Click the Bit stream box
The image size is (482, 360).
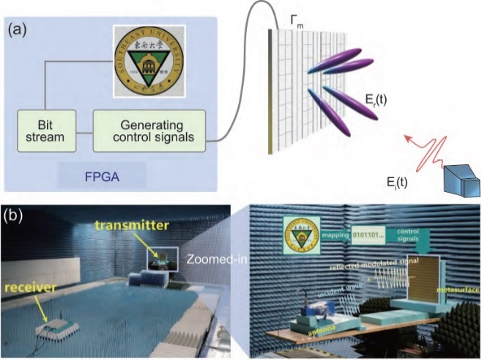pyautogui.click(x=43, y=130)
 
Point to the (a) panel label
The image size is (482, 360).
pyautogui.click(x=18, y=30)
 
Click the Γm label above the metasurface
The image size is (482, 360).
pyautogui.click(x=297, y=24)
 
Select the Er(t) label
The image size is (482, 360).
pyautogui.click(x=379, y=100)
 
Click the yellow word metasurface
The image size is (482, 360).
pyautogui.click(x=453, y=292)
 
